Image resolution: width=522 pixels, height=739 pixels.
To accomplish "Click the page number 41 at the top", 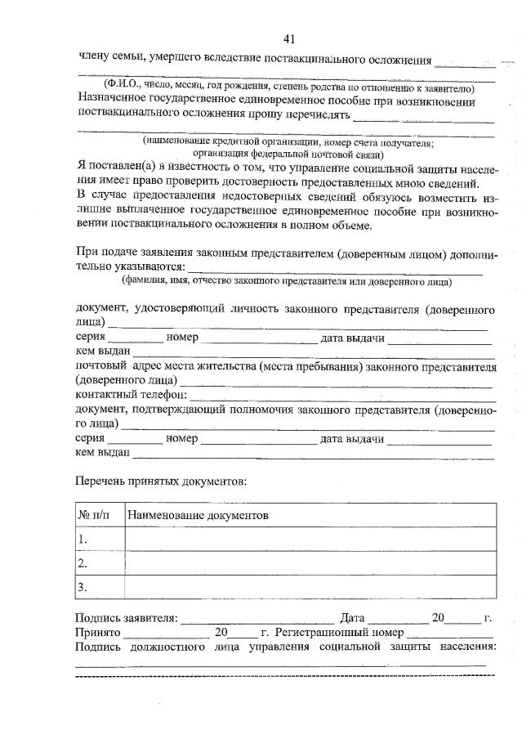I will click(x=289, y=38).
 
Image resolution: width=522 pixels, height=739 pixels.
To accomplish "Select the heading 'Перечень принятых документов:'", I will click(x=160, y=481).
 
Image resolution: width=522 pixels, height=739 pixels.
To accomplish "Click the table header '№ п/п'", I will click(x=99, y=517).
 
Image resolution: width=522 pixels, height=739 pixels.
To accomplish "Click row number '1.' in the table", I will click(x=83, y=540).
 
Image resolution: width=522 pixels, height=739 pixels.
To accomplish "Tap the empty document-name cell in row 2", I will click(x=310, y=563).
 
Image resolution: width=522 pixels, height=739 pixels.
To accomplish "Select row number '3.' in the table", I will click(x=83, y=587).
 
